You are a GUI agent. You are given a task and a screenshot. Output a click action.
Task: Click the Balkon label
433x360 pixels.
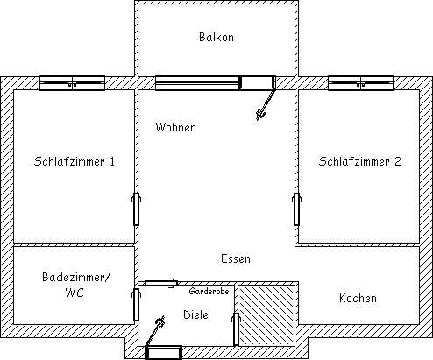[x=216, y=38]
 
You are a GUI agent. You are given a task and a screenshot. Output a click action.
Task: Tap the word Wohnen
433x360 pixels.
[x=175, y=127]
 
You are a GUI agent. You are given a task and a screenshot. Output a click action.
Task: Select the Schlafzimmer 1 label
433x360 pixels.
[x=75, y=161]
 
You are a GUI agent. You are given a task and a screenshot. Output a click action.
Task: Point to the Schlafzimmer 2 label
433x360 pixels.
[x=360, y=161]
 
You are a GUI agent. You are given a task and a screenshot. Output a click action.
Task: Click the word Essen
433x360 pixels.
[x=236, y=258]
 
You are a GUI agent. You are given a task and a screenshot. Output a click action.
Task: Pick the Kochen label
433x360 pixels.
[x=358, y=298]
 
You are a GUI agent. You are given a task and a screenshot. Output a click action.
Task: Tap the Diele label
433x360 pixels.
[x=195, y=314]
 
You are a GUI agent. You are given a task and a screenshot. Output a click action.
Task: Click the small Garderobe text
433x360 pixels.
[x=209, y=291]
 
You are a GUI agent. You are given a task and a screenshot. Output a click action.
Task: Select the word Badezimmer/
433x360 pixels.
[x=76, y=277]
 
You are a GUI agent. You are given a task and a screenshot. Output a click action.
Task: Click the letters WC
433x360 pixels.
[x=75, y=293]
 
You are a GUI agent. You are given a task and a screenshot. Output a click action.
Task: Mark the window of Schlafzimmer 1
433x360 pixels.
[x=72, y=83]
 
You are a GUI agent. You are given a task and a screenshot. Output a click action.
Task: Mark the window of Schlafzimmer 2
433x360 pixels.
[x=360, y=83]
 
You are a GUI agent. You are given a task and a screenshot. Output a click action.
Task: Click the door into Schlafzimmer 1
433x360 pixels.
[x=136, y=209]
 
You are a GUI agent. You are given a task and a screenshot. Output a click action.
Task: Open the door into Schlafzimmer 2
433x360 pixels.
[x=296, y=209]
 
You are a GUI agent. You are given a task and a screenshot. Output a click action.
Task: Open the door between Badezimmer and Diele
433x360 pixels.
[x=136, y=305]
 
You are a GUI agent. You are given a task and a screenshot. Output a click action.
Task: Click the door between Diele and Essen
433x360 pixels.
[x=161, y=283]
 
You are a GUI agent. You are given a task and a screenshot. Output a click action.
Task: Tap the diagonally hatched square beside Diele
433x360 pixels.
[x=266, y=315]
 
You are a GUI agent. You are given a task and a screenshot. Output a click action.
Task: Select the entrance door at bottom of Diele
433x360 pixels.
[x=164, y=353]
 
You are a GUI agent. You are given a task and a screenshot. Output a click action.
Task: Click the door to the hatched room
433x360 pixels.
[x=236, y=329]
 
